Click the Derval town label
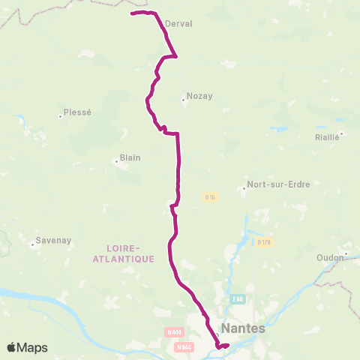[178, 24]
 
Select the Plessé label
[77, 112]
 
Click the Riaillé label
[328, 137]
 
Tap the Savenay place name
[54, 241]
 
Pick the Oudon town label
[330, 256]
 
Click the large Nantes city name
[244, 328]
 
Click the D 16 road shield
[210, 197]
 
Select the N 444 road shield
[174, 332]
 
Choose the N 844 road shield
[183, 346]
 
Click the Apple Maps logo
[27, 347]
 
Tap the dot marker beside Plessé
[60, 115]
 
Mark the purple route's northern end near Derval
[132, 13]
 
